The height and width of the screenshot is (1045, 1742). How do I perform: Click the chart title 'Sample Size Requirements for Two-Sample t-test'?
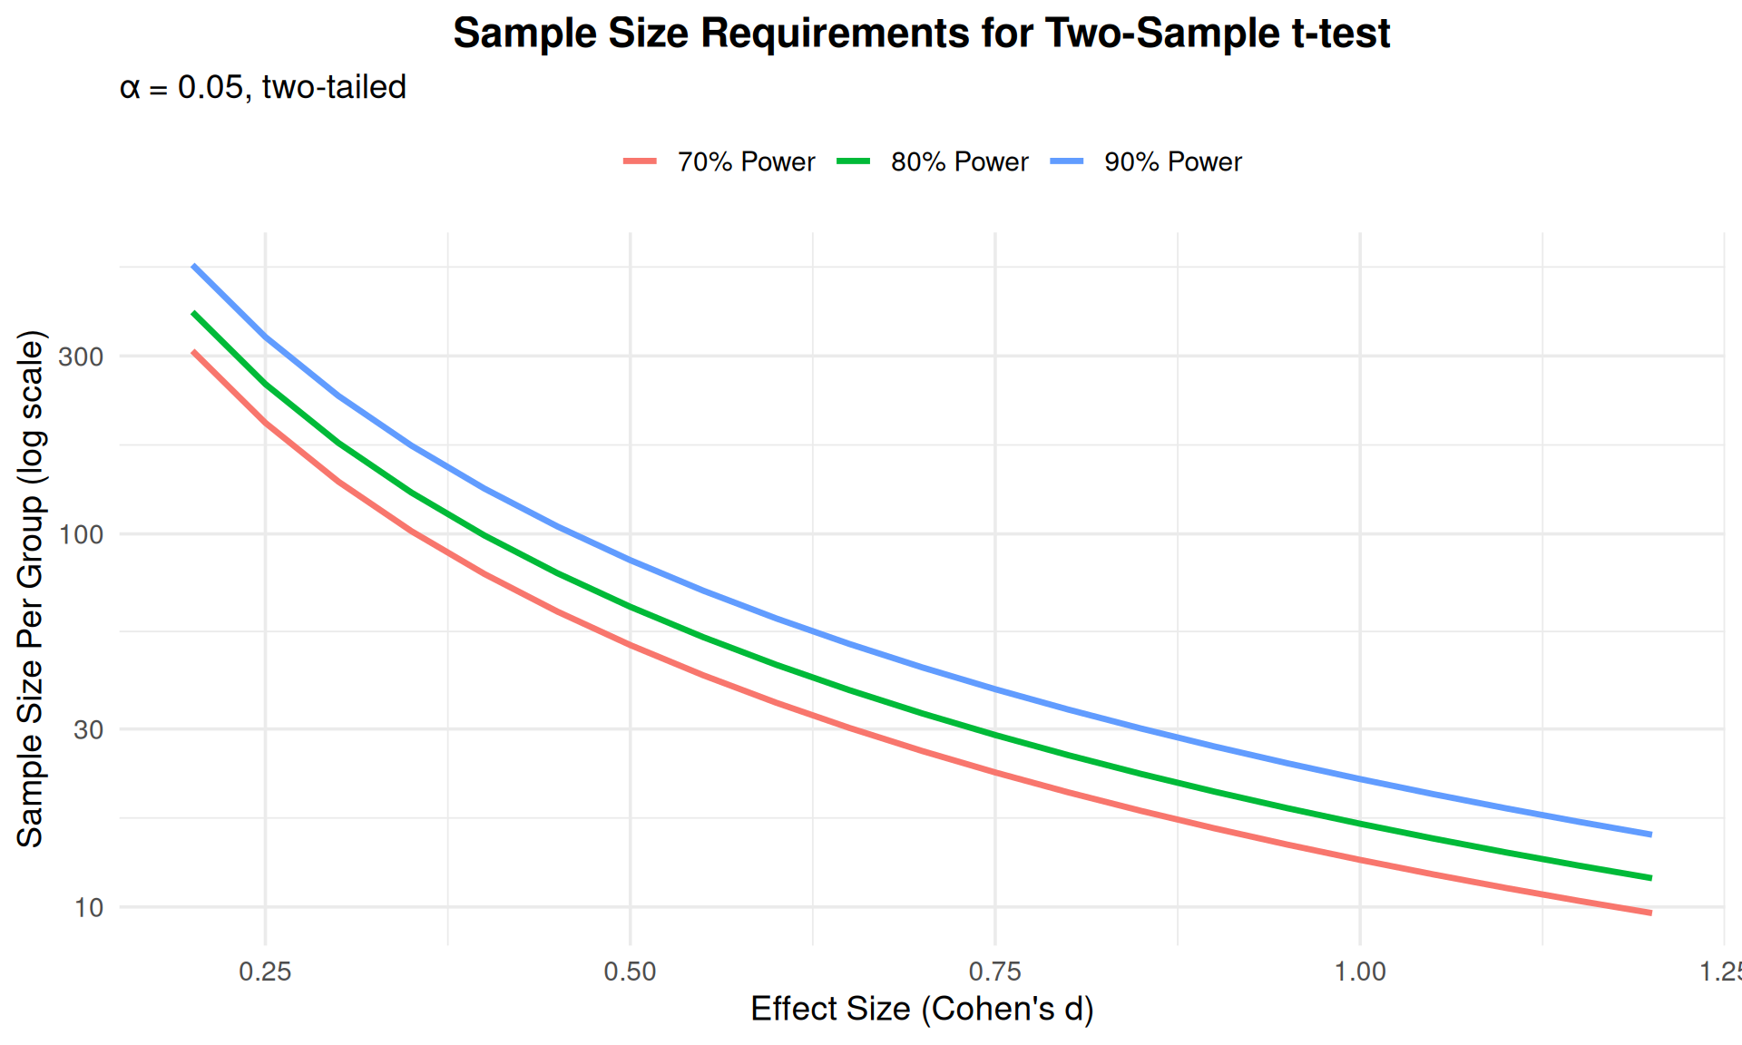(x=921, y=34)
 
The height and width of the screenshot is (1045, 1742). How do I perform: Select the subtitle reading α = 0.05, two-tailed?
(x=263, y=87)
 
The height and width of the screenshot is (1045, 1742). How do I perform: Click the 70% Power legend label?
(x=746, y=161)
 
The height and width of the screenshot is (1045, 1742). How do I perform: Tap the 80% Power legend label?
(x=959, y=161)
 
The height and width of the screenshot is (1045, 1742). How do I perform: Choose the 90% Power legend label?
(x=1172, y=161)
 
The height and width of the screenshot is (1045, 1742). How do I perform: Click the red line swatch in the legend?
(x=640, y=161)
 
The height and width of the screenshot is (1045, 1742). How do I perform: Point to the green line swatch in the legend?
(x=853, y=161)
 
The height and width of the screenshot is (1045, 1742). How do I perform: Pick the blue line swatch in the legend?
(x=1067, y=161)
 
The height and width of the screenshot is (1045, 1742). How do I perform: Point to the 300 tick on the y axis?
(x=81, y=356)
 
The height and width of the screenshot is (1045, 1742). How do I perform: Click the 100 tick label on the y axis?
(x=81, y=534)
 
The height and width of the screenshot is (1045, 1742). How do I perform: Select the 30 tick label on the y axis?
(x=88, y=729)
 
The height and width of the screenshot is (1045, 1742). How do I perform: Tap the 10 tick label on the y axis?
(x=88, y=907)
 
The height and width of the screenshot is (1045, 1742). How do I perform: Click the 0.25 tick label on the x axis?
(x=265, y=972)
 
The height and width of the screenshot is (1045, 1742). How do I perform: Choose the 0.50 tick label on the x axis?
(x=630, y=972)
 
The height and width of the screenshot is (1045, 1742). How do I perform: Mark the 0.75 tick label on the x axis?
(x=995, y=972)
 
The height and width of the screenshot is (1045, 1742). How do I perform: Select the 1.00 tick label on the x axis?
(x=1360, y=972)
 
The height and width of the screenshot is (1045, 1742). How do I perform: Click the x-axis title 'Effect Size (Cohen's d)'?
(x=922, y=1009)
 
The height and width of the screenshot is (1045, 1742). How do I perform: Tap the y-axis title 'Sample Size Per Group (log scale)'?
(x=30, y=590)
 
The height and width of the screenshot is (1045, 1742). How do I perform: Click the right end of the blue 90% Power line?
(x=1650, y=834)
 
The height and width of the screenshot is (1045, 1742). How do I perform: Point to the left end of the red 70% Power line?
(x=194, y=352)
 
